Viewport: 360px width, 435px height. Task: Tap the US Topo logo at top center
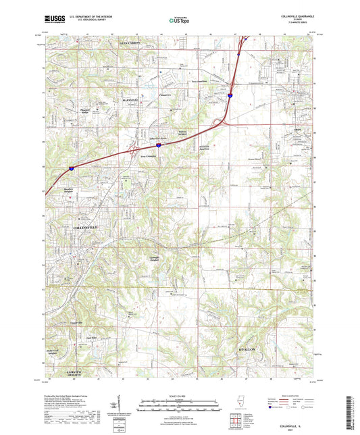(173, 21)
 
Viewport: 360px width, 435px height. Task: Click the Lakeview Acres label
(158, 137)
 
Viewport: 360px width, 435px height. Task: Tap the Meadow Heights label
(72, 190)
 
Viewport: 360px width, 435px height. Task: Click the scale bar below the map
(179, 403)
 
